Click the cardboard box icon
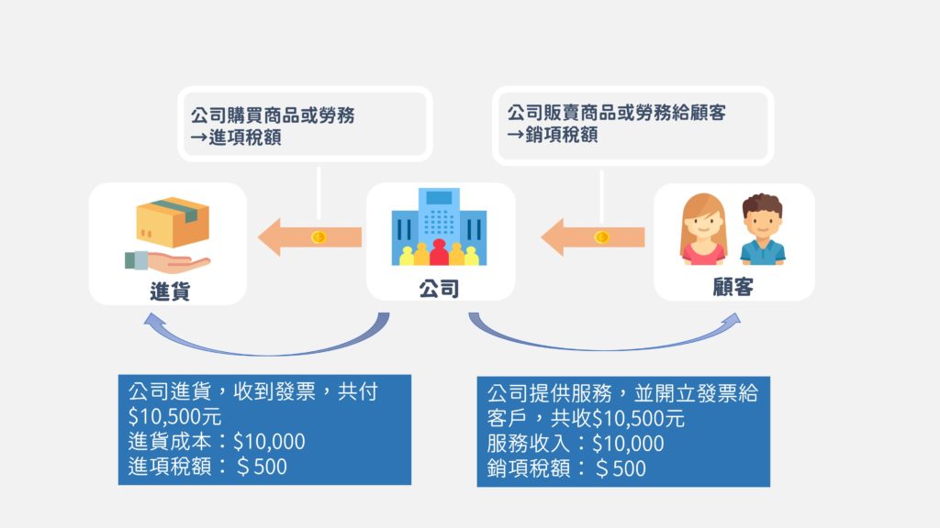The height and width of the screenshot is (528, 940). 173,222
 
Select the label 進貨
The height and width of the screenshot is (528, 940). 170,291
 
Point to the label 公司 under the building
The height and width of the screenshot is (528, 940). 439,289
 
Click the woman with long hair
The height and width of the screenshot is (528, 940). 703,228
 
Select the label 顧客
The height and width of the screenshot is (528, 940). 733,287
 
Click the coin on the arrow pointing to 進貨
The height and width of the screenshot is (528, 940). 319,237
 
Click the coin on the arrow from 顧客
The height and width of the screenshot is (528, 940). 601,237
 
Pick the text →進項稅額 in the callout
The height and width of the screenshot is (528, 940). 236,137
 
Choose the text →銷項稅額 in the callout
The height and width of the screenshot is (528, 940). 552,135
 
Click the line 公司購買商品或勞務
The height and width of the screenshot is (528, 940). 273,115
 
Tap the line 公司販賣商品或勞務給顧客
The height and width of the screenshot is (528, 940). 617,113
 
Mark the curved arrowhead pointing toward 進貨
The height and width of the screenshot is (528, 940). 154,322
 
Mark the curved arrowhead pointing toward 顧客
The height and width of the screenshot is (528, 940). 731,320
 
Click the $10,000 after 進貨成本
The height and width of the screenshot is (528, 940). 269,442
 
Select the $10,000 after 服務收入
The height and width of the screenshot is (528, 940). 628,444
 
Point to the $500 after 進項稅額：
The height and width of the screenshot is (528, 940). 262,467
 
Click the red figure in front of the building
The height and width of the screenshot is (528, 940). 439,253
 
